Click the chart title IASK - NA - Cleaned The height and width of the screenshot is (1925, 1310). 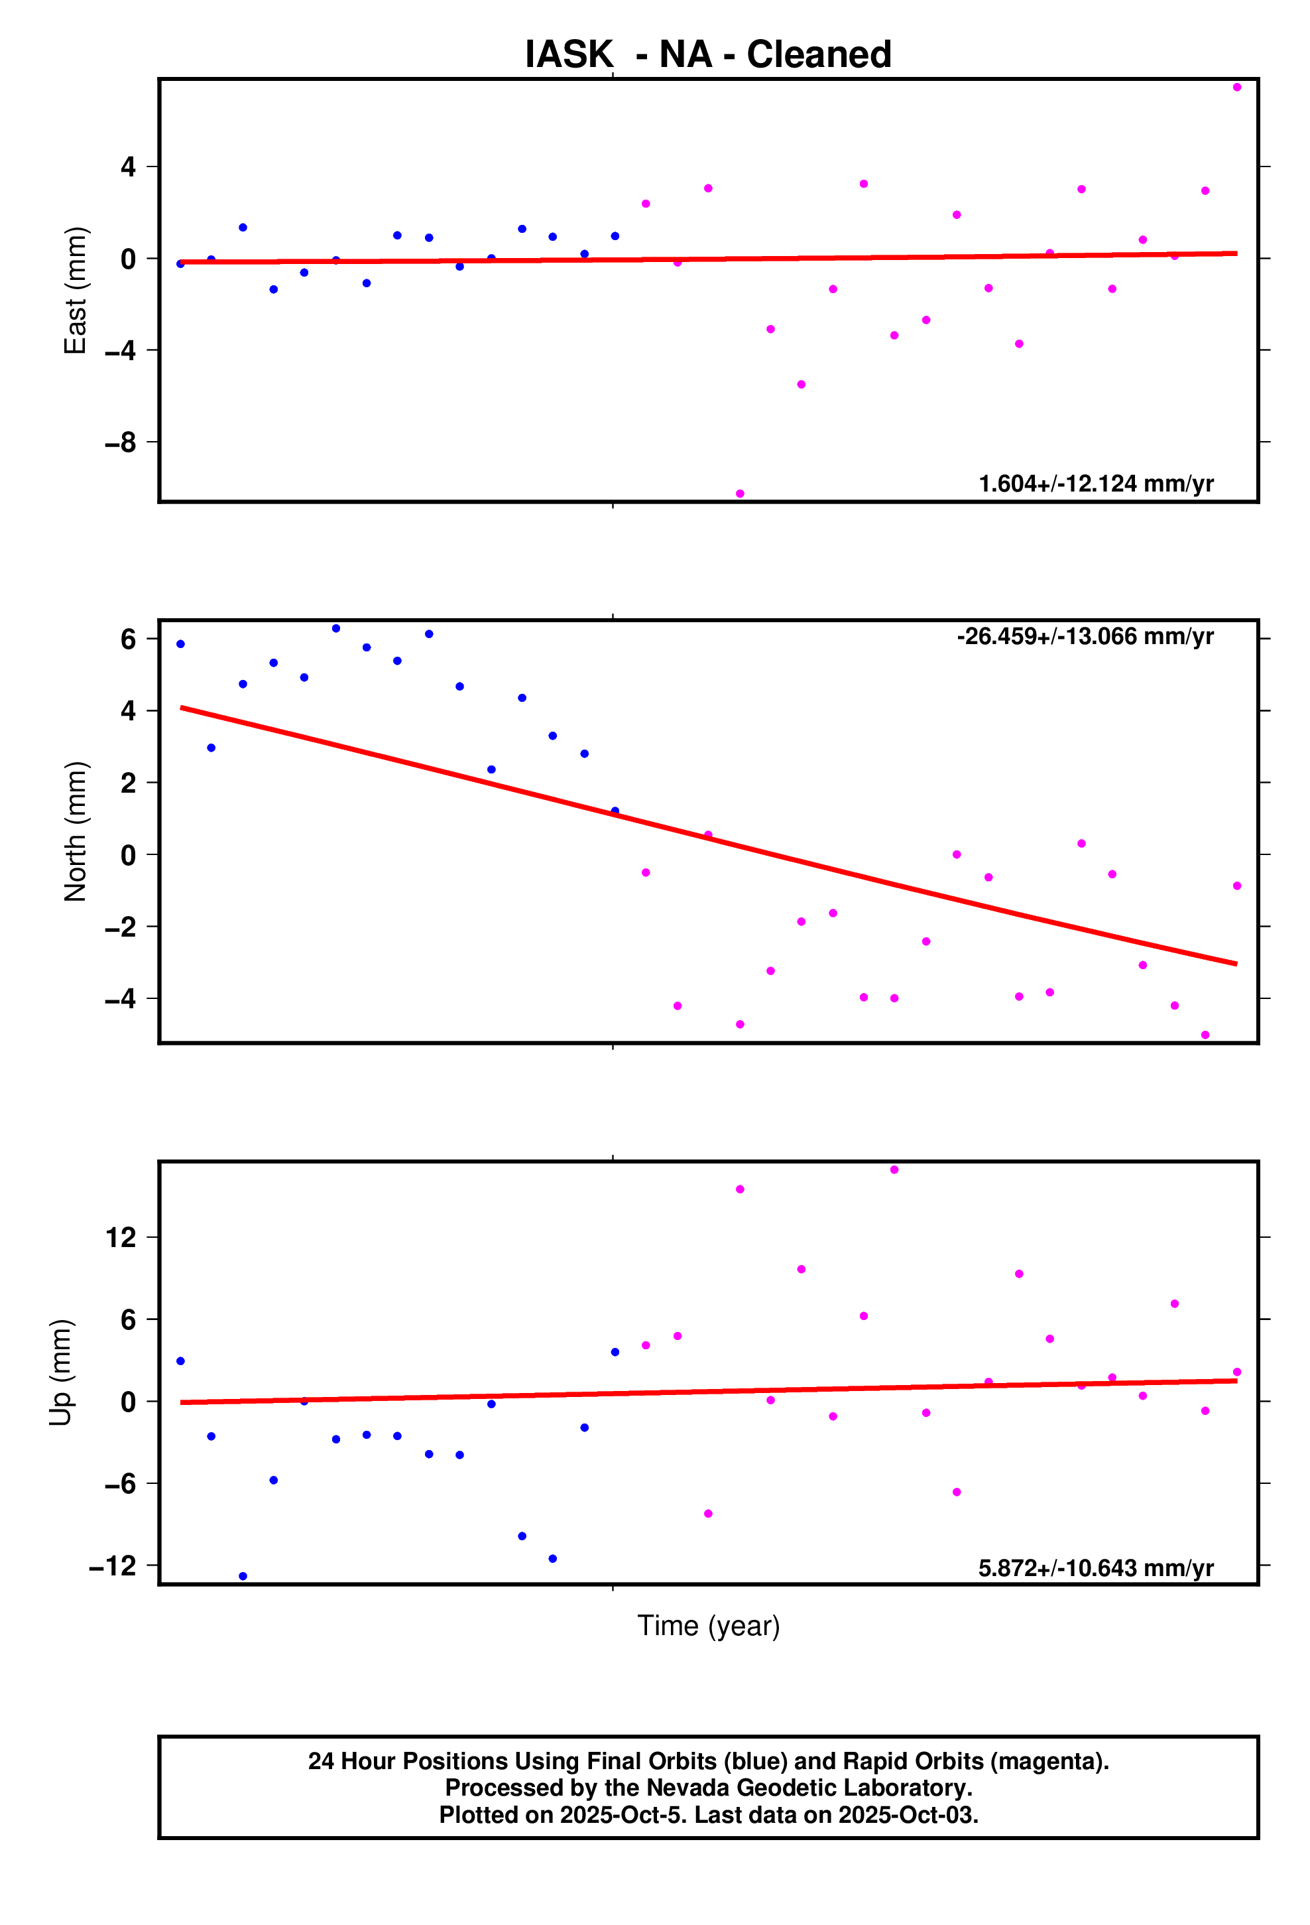708,54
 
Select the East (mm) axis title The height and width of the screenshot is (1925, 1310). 76,290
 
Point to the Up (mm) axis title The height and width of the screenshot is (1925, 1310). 60,1372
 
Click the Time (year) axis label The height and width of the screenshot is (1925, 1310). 708,1625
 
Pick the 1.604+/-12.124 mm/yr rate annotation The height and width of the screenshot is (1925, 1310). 1095,484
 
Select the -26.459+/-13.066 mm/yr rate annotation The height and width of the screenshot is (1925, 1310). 1085,636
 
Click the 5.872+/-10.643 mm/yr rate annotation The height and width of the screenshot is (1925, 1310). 1095,1568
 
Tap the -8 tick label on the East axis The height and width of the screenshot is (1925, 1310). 121,443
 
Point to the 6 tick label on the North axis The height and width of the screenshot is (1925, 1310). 129,639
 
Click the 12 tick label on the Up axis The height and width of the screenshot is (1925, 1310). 121,1238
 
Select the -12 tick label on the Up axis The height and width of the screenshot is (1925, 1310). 113,1565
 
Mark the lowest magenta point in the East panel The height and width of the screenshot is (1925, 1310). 739,494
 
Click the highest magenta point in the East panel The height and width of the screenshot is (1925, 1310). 1236,87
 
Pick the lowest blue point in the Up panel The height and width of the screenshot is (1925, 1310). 243,1576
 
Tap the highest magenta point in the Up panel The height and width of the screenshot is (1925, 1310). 894,1169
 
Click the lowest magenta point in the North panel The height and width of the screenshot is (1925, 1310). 1205,1035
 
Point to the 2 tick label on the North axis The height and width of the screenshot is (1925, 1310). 129,783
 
